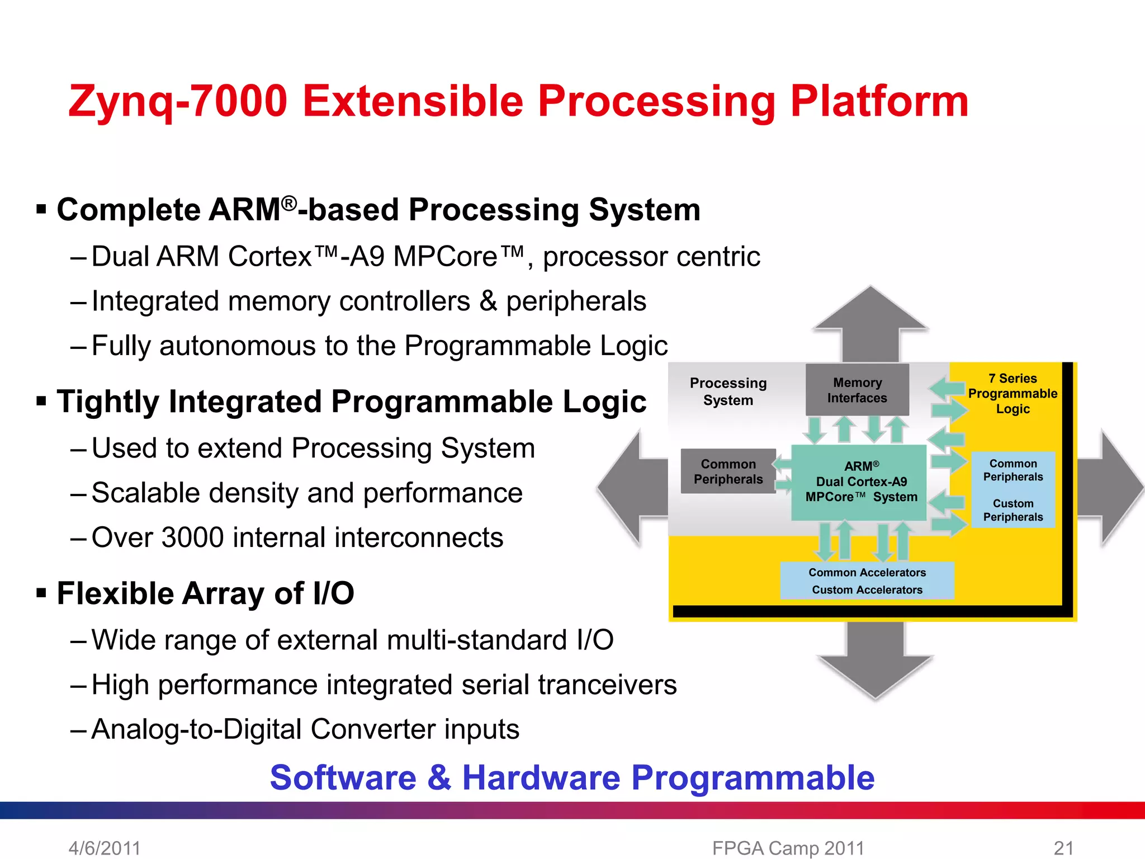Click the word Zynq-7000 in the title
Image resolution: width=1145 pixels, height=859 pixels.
(178, 102)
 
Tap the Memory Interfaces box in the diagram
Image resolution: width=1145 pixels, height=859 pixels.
(857, 390)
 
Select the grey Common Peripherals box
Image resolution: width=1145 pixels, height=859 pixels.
(728, 471)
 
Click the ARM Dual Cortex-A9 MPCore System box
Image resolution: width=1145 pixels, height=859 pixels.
(861, 482)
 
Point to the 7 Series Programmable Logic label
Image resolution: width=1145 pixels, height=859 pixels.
(1012, 394)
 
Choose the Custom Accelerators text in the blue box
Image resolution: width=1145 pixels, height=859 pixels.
(867, 590)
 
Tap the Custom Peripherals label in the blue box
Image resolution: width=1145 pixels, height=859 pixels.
(1013, 510)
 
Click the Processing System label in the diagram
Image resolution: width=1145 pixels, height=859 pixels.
(728, 391)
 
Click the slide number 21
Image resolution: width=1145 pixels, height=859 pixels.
(1063, 848)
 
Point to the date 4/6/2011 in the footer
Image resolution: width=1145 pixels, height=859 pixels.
(105, 848)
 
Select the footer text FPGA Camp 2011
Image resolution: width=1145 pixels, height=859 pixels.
(788, 848)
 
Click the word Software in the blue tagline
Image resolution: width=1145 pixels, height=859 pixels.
(343, 777)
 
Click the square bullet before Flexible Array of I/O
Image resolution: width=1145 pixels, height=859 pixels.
(41, 592)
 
